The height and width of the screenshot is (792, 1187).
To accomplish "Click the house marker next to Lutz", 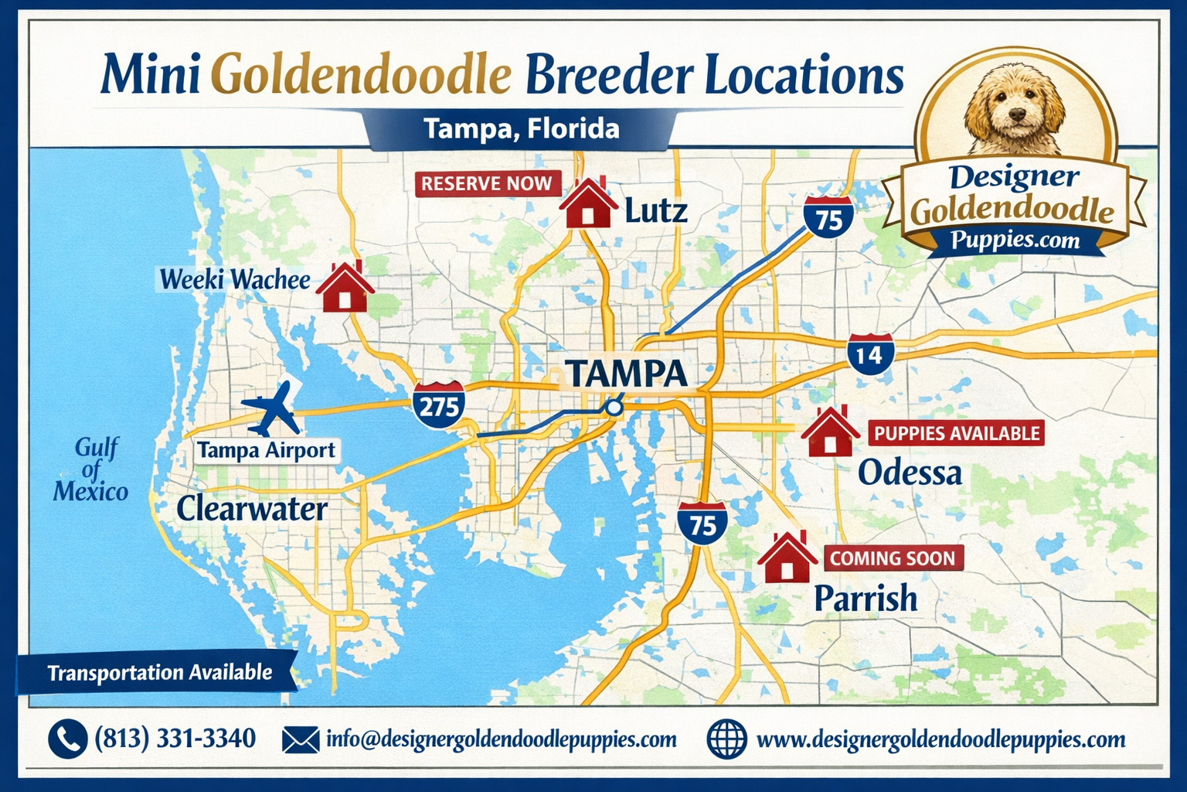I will pos(587,204).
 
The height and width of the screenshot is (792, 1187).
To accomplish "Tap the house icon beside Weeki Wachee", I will pos(345,288).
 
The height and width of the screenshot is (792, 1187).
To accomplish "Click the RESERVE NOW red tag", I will pos(486,183).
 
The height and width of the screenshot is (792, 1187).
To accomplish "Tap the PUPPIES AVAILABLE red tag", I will pos(957,433).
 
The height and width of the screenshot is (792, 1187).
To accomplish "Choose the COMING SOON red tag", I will pos(893,558).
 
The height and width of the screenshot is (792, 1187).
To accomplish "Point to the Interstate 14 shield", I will pos(870,354).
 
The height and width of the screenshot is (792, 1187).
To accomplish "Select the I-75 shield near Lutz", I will pos(828,218).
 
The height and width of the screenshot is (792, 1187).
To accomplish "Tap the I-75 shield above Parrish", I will pos(702,524).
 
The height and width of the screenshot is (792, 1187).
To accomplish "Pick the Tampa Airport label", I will pos(267,450).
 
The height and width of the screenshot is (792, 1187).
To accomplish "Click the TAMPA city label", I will pos(627,374).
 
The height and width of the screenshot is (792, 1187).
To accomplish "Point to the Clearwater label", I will pos(252,509).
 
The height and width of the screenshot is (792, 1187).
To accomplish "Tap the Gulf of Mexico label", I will pos(91,469).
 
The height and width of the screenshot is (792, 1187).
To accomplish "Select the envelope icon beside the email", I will pos(301,739).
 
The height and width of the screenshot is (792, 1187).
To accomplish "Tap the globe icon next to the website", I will pos(726,739).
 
